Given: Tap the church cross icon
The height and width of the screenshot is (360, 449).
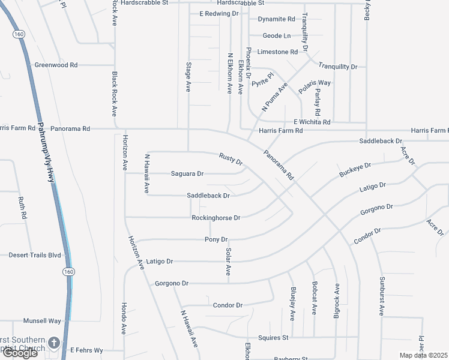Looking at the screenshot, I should click(53, 343).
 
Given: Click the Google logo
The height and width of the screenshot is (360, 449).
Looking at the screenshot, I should click(19, 353).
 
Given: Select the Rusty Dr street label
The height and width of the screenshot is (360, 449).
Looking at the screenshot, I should click(231, 159).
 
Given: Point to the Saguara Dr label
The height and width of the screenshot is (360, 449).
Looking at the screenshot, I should click(187, 174).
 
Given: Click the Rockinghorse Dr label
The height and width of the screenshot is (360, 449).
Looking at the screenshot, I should click(215, 218).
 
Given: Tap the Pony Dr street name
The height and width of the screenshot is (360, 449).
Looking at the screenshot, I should click(216, 239).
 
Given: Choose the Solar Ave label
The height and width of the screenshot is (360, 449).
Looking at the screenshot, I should click(229, 262).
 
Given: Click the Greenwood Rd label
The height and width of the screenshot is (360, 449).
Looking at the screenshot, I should click(56, 65).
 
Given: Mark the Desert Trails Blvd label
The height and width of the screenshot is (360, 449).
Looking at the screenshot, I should click(35, 255).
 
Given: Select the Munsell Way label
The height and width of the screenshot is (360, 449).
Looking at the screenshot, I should click(42, 321).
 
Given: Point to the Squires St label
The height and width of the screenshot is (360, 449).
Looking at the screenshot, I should click(273, 338).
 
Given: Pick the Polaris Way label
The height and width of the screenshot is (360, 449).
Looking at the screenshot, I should click(315, 83).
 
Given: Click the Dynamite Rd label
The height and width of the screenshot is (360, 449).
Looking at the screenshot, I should click(276, 19).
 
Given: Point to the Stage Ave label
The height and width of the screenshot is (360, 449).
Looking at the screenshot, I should click(188, 77).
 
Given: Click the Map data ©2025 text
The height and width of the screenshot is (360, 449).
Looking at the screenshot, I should click(424, 355).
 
